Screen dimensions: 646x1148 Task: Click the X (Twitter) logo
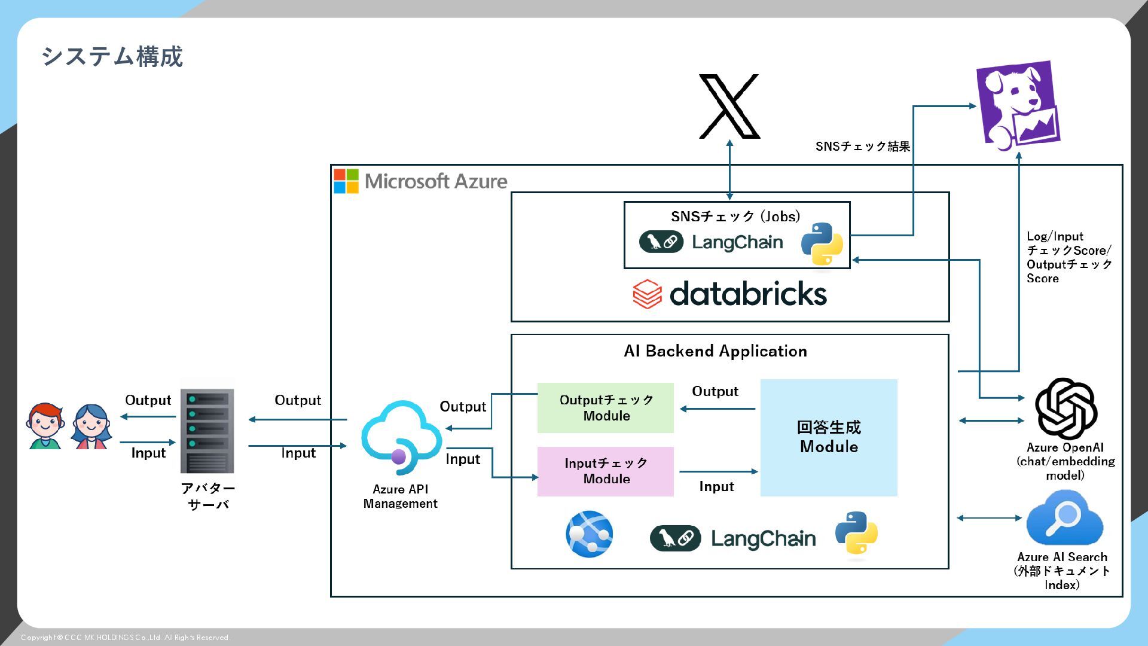point(729,106)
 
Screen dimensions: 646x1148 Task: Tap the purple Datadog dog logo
point(1018,104)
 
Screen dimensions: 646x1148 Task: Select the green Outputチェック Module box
point(606,408)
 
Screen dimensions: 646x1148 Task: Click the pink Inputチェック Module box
point(606,471)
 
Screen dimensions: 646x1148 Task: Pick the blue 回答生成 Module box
point(829,437)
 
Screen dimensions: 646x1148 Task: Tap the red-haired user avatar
point(45,426)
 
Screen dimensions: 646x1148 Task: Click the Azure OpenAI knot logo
point(1065,409)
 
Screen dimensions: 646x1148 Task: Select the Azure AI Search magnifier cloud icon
point(1064,517)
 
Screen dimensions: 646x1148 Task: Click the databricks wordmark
point(747,294)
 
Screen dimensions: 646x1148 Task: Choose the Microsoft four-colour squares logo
point(346,181)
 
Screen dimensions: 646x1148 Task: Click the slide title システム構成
point(112,57)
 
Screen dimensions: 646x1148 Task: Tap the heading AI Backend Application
point(715,351)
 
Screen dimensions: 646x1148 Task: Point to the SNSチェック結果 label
point(863,147)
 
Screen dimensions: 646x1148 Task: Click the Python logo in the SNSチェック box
point(822,243)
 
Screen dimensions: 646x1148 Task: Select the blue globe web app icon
point(590,534)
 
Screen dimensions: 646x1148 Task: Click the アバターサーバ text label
point(208,496)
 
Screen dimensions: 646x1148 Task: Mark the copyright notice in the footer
point(126,638)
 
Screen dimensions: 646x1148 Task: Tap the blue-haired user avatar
point(91,426)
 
